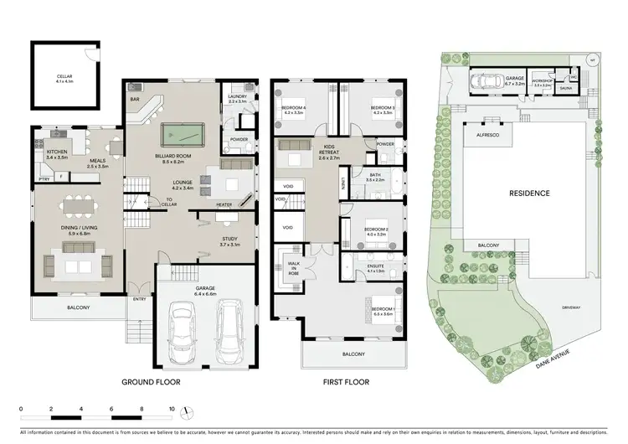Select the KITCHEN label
(57, 152)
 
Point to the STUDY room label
(229, 240)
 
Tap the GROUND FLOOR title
(152, 382)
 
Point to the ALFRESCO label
(488, 133)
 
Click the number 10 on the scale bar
(172, 410)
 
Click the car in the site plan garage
(486, 81)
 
